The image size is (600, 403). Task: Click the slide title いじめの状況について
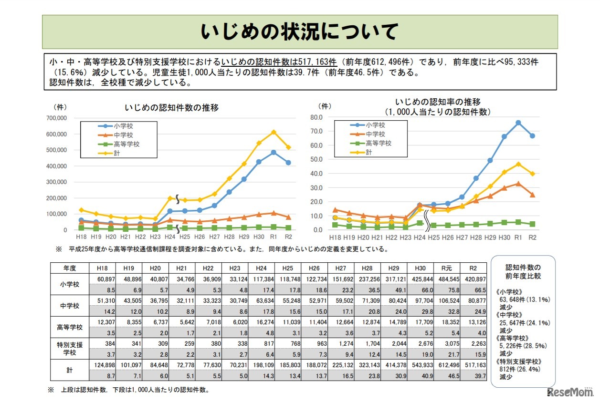(x=299, y=31)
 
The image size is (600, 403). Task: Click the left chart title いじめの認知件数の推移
(x=171, y=107)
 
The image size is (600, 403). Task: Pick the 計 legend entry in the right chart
(x=369, y=152)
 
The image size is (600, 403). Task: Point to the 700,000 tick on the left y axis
(x=56, y=118)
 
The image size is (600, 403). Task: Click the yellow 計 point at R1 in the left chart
(x=274, y=132)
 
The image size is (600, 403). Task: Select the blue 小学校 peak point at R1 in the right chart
(x=518, y=123)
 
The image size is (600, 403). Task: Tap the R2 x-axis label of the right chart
(x=532, y=237)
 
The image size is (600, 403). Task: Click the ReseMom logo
(x=572, y=392)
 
